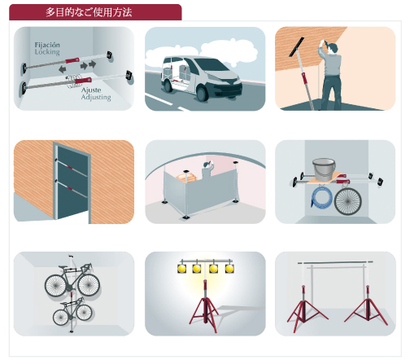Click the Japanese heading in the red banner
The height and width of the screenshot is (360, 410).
tap(89, 12)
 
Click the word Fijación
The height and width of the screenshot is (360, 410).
tap(47, 45)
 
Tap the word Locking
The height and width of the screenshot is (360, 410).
tap(47, 52)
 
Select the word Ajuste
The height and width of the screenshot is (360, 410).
tap(91, 90)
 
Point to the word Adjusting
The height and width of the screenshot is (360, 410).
tap(96, 97)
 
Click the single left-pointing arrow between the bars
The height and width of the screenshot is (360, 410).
tap(63, 69)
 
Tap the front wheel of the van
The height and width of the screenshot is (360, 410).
tap(202, 93)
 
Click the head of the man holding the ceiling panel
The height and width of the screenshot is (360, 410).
tap(334, 48)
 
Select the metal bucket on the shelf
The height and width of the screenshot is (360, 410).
tap(324, 169)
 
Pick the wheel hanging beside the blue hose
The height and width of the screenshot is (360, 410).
tap(348, 201)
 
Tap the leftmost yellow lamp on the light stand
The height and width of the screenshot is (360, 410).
tap(181, 269)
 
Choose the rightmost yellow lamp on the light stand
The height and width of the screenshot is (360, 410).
tap(229, 269)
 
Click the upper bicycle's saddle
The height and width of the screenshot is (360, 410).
tap(71, 256)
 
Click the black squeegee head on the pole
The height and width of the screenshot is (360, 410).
tap(296, 47)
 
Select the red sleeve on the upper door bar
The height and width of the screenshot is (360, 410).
tap(70, 168)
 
